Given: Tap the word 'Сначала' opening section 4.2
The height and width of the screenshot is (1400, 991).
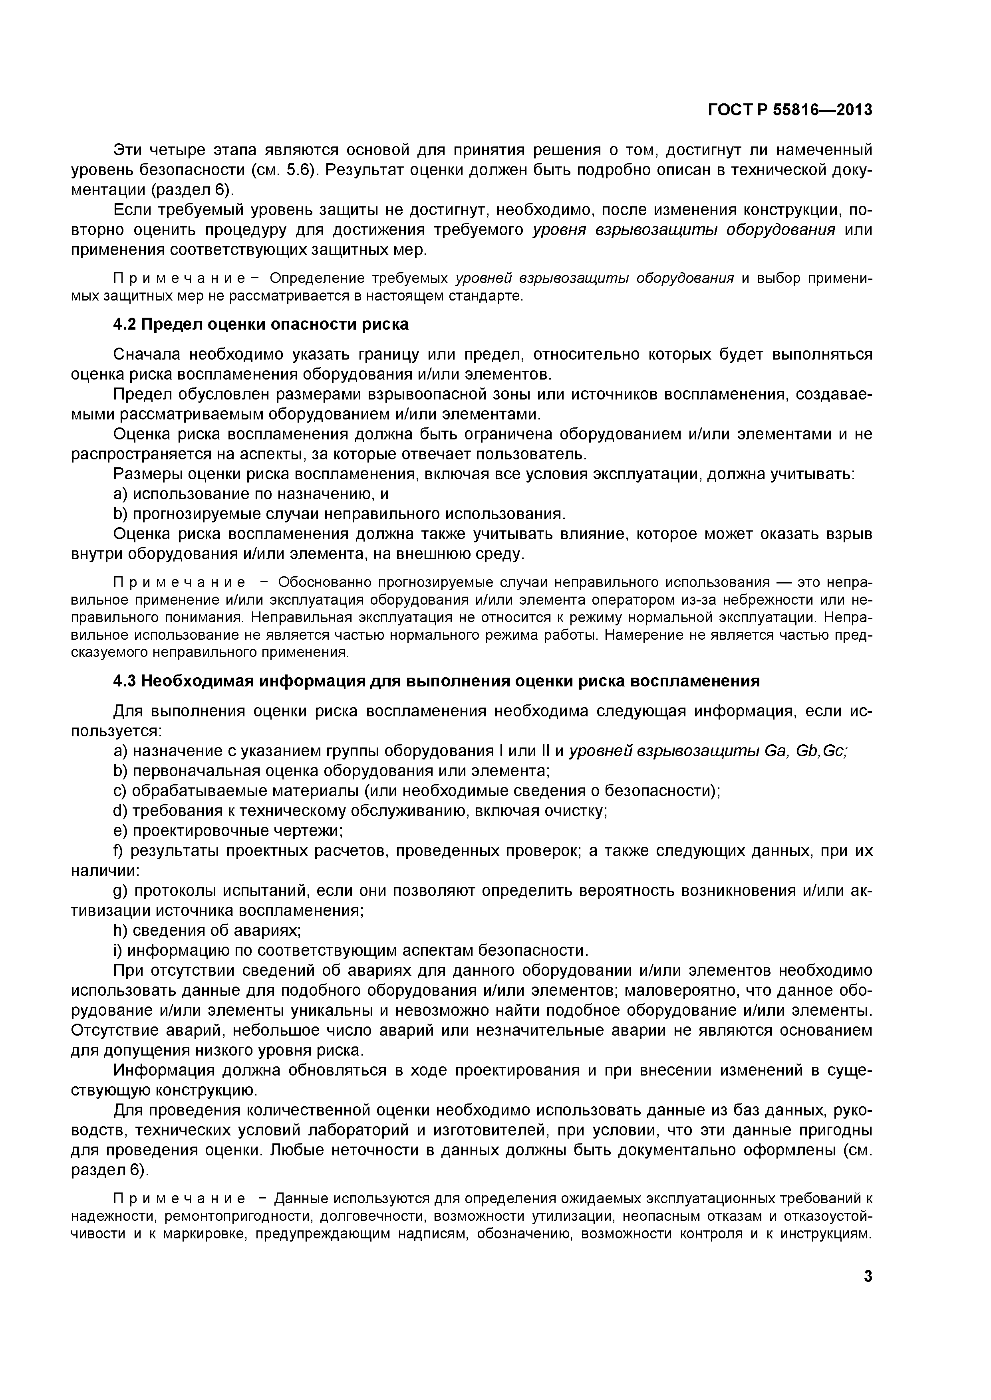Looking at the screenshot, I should [147, 354].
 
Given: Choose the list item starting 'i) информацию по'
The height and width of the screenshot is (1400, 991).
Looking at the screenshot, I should [351, 950].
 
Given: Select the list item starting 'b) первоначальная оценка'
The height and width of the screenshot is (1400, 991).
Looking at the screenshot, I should [332, 771].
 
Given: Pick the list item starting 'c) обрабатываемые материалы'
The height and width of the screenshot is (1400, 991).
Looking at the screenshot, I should [417, 791].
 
